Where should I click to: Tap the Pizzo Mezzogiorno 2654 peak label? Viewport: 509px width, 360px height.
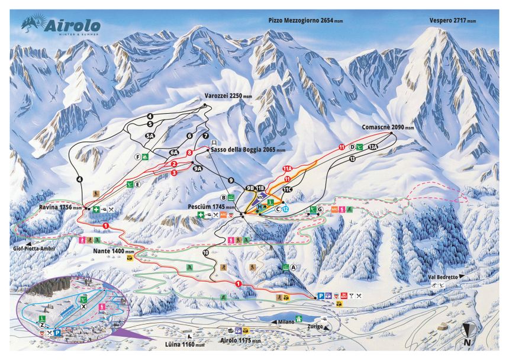tap(305, 20)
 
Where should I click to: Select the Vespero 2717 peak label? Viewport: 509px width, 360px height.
tap(452, 20)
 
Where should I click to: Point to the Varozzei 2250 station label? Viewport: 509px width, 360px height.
tap(224, 95)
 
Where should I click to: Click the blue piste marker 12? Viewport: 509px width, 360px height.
tap(285, 208)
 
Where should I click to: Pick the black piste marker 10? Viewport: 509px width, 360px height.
tap(205, 253)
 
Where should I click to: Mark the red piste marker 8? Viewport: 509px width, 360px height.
tap(189, 153)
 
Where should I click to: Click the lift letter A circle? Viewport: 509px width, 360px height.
tap(292, 266)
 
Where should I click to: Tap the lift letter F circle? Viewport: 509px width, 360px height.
tap(137, 157)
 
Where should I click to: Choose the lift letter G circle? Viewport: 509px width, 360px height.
tap(320, 210)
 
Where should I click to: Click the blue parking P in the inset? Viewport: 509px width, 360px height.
tap(57, 333)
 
